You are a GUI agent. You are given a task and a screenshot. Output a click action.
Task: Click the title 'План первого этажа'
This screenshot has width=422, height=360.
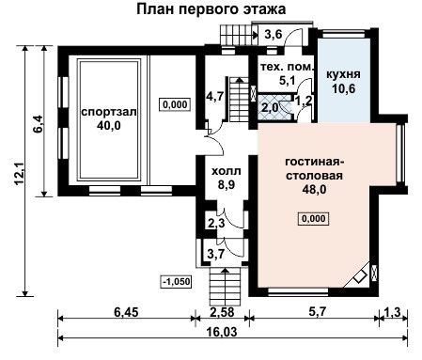(211, 9)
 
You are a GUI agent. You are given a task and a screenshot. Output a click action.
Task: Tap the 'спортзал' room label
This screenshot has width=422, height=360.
(109, 112)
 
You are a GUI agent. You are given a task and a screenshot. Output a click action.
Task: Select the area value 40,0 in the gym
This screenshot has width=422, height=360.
(109, 126)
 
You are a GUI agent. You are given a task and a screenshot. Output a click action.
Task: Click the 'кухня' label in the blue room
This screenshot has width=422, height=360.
(343, 74)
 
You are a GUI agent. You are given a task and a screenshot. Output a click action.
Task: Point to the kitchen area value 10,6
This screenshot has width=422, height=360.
(344, 88)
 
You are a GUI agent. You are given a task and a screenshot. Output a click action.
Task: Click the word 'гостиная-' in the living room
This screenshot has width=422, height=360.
(315, 162)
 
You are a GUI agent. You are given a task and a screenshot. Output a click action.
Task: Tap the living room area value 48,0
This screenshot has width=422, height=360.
(314, 189)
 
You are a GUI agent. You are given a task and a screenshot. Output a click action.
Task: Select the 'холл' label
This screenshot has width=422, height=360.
(227, 171)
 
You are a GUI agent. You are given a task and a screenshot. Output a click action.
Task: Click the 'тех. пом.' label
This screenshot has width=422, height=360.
(287, 67)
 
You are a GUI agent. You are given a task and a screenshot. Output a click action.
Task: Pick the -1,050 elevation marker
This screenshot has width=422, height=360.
(176, 281)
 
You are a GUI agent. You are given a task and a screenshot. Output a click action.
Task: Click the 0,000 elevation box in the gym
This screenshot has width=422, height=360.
(175, 104)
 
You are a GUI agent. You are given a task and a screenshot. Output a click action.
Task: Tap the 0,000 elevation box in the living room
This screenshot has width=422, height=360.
(314, 218)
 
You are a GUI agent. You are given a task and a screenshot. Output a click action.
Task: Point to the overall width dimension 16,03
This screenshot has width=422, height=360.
(222, 332)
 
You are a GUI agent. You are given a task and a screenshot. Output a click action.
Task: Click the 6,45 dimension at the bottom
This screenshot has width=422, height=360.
(126, 312)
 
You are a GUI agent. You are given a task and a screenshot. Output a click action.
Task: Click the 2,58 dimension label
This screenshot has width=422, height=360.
(222, 312)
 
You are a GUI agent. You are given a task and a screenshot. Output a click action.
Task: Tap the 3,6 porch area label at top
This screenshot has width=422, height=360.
(274, 34)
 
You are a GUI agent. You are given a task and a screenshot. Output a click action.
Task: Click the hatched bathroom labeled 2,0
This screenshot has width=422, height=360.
(274, 107)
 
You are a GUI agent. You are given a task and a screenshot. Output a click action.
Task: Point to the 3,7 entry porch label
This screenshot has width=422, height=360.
(216, 254)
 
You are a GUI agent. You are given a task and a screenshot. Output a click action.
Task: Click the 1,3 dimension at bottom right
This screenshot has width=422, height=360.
(393, 312)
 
